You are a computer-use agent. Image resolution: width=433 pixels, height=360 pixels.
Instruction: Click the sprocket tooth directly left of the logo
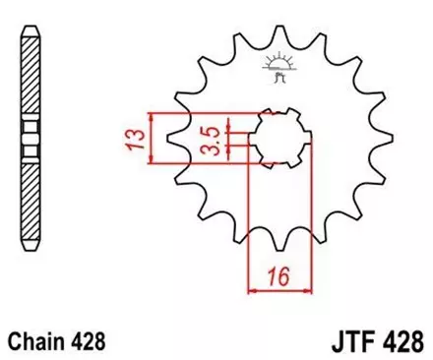click(x=236, y=49)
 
